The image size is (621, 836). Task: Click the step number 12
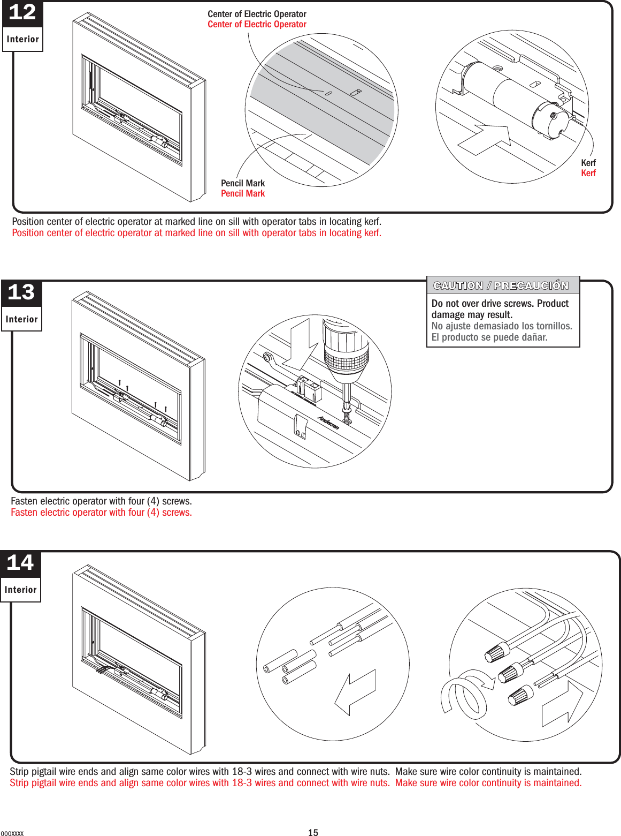click(22, 12)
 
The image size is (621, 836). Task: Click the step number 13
click(21, 292)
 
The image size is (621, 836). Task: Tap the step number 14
click(20, 563)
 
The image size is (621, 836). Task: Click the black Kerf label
click(588, 163)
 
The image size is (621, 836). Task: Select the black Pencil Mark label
click(243, 183)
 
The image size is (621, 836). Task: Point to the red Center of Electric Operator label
click(257, 24)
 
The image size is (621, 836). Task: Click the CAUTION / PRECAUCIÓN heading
click(501, 285)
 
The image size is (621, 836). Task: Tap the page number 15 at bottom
click(313, 832)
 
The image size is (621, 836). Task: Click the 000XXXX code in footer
click(12, 833)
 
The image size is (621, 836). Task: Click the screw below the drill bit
click(348, 417)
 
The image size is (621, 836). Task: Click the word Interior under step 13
click(21, 319)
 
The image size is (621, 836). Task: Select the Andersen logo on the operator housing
click(328, 423)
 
